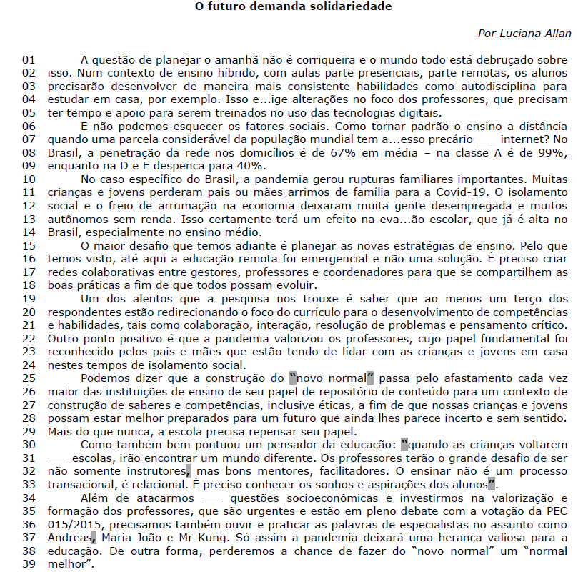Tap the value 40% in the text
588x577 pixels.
[242, 164]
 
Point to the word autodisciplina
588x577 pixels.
[504, 84]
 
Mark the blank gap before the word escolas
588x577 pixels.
[57, 458]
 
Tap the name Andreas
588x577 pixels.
[70, 538]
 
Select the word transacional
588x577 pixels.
[81, 485]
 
